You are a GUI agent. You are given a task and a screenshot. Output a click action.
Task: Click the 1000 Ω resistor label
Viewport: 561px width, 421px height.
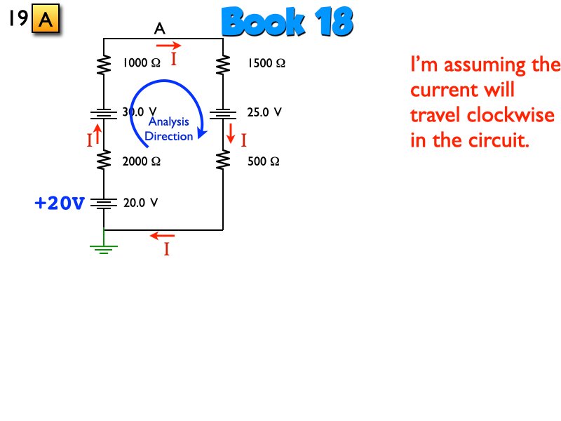141,63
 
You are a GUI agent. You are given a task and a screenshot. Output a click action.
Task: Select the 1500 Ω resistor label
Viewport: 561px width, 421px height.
266,63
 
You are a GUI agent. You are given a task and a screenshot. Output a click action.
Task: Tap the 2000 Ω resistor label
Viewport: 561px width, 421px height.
142,161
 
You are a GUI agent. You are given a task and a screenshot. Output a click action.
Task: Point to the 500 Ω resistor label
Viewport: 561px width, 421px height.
264,161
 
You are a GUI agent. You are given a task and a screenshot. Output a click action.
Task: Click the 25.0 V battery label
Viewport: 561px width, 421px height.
264,112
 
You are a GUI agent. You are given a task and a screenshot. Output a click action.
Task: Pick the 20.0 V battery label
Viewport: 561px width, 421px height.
140,203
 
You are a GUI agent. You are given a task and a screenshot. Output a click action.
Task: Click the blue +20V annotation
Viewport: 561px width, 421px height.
60,204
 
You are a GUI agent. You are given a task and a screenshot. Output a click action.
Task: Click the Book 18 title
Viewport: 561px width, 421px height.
287,23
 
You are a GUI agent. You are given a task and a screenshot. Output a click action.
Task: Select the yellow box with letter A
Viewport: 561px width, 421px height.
46,20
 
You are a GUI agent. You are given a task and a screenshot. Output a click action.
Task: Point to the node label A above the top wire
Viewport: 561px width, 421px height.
160,29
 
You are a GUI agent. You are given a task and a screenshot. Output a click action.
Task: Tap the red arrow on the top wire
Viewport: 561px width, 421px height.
168,46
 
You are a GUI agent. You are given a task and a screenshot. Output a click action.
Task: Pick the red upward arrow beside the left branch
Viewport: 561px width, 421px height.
98,132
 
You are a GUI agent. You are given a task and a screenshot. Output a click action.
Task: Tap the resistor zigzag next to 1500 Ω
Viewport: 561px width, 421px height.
223,65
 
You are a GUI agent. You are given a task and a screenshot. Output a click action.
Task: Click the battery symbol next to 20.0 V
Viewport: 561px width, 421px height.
104,203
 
